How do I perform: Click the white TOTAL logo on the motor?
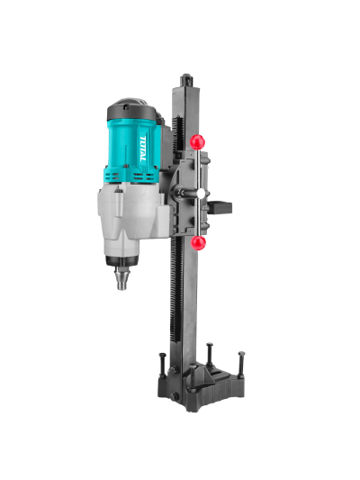coord(143,149)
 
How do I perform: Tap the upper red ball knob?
coord(197,141)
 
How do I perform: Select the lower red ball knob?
coord(198,243)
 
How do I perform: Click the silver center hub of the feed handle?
coord(201,193)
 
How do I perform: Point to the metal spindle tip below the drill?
coord(121,278)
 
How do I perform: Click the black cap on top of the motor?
coord(131,110)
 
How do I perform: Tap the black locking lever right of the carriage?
coord(220,207)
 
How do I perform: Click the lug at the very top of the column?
coord(186,80)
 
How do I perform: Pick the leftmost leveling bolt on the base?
coord(162,366)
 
